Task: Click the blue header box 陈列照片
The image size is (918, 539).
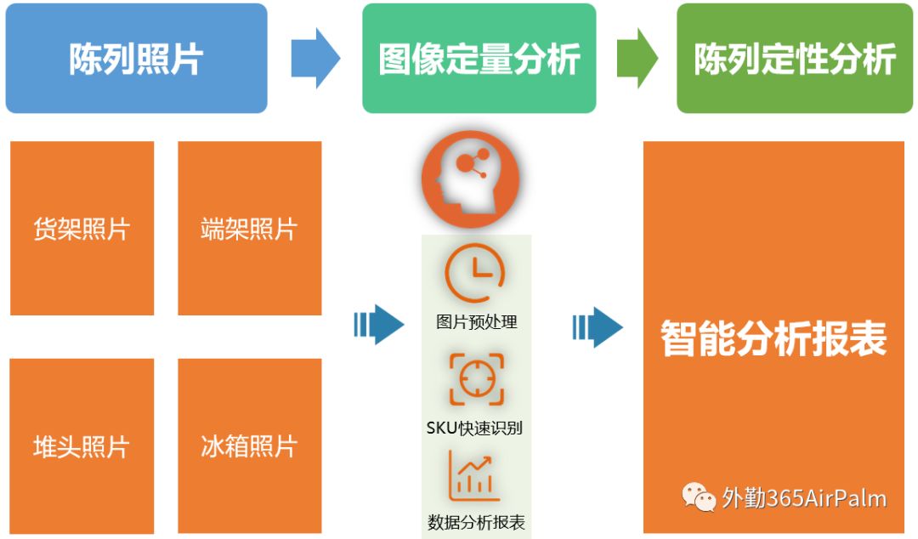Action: pos(136,59)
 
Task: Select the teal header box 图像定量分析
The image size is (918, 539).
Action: pos(479,59)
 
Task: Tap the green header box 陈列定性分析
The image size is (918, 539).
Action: pos(795,59)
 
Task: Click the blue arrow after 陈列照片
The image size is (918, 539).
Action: pos(315,58)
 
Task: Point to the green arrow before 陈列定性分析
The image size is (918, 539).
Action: pos(637,58)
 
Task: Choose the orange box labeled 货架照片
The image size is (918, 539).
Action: pos(82,228)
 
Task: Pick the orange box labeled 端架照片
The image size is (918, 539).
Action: pos(249,228)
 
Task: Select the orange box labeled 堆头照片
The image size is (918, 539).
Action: pos(82,445)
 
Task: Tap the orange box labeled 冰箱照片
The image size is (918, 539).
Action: pos(249,445)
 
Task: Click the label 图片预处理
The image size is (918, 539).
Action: pos(476,322)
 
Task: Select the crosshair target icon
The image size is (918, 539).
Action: pos(476,379)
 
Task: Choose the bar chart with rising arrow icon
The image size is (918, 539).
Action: pos(474,477)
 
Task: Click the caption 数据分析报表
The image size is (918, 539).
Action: pos(476,521)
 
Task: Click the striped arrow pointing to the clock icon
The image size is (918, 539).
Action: pos(378,324)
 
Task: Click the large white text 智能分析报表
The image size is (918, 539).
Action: pos(773,338)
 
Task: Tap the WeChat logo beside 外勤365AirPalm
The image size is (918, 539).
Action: pos(700,498)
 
